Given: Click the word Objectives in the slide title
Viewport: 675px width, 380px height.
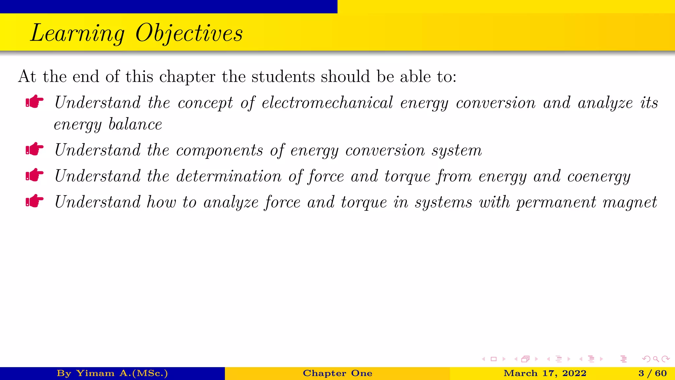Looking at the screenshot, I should [x=189, y=33].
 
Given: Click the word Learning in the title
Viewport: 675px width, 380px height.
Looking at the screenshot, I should [x=77, y=33].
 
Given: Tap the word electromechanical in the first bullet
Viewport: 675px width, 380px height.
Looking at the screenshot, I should [x=327, y=103].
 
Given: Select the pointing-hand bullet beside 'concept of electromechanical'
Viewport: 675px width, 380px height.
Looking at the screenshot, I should [x=35, y=102].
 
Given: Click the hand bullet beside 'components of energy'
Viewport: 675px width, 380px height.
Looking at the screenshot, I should [x=35, y=149].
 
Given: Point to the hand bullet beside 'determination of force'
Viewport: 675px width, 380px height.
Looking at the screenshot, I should [x=35, y=175].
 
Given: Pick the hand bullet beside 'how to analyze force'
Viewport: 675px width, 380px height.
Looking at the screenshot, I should [x=35, y=201].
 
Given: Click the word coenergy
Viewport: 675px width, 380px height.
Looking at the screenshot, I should [x=599, y=176].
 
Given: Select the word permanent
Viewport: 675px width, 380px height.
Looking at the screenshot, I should [x=556, y=203].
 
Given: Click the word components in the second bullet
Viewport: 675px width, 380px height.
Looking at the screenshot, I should [x=220, y=151].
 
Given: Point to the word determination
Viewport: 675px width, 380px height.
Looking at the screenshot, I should [x=229, y=176].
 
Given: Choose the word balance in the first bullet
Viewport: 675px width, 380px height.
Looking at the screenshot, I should [x=135, y=124].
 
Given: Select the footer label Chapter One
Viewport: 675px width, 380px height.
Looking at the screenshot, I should [x=337, y=373].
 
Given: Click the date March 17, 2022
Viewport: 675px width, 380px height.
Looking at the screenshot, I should [x=545, y=373].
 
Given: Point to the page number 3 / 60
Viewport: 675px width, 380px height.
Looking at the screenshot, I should [x=652, y=373].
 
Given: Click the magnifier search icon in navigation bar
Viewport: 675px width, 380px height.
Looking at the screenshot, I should [x=656, y=359].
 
